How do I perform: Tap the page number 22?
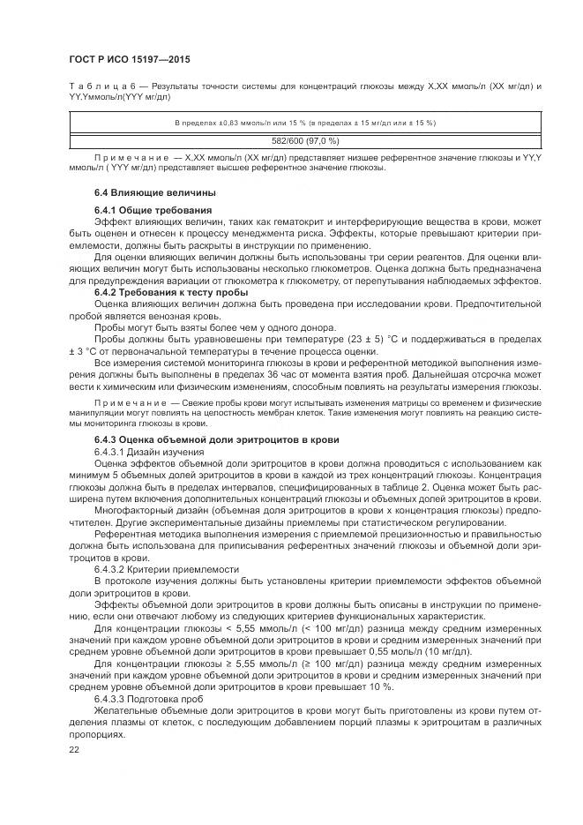pyautogui.click(x=73, y=749)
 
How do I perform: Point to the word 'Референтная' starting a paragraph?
pyautogui.click(x=124, y=535)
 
